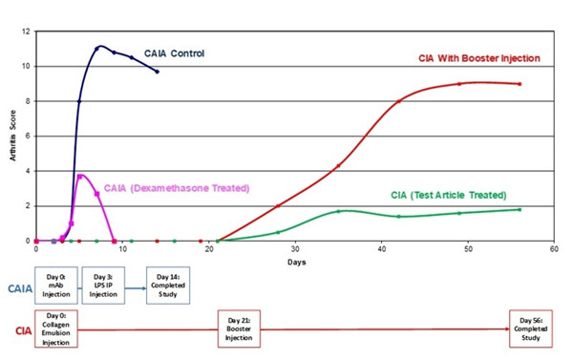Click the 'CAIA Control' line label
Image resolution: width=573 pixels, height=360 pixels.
click(x=174, y=53)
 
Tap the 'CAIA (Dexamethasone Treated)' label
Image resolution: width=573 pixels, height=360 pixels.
click(x=177, y=187)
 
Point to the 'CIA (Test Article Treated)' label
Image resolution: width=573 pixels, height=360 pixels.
click(x=453, y=194)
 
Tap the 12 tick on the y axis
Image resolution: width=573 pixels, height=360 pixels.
click(x=28, y=32)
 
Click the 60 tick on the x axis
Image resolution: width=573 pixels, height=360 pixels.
click(x=554, y=250)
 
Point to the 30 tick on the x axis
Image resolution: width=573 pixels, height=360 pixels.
click(x=295, y=250)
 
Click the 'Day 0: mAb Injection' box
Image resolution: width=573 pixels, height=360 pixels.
click(x=53, y=284)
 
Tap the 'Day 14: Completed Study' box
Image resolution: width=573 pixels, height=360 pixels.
click(x=164, y=284)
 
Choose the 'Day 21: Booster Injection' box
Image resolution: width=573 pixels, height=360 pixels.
click(x=239, y=328)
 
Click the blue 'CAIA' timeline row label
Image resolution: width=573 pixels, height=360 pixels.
click(x=17, y=286)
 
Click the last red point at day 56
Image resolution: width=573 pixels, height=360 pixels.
click(x=520, y=84)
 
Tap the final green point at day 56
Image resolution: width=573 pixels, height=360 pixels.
click(x=520, y=209)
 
